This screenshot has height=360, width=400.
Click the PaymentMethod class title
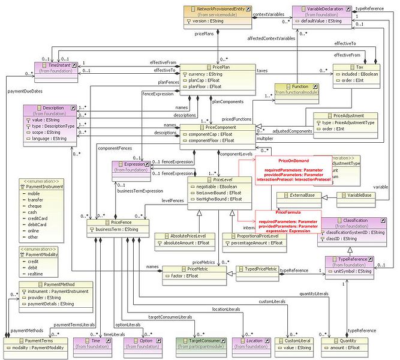tap(56, 284)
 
